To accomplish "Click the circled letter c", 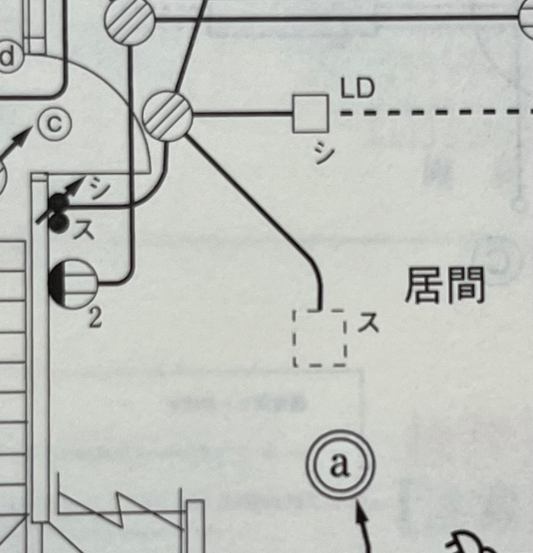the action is tap(55, 124).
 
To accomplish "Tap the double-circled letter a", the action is tap(340, 464).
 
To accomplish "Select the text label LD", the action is tap(357, 88).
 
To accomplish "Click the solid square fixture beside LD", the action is tap(311, 114).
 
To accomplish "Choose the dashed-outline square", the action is tap(320, 338).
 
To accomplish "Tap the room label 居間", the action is tap(445, 285).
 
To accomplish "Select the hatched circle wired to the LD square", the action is tap(168, 116).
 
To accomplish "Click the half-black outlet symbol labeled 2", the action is tap(73, 284).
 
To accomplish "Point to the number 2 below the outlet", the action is tap(95, 318).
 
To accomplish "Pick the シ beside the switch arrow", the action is tap(97, 187).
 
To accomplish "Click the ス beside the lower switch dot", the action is tap(84, 231).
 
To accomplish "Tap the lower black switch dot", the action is tap(58, 224).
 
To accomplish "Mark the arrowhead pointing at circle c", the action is tap(22, 138).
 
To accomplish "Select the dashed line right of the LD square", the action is tap(436, 113).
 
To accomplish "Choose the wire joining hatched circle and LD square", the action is tap(243, 114).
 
